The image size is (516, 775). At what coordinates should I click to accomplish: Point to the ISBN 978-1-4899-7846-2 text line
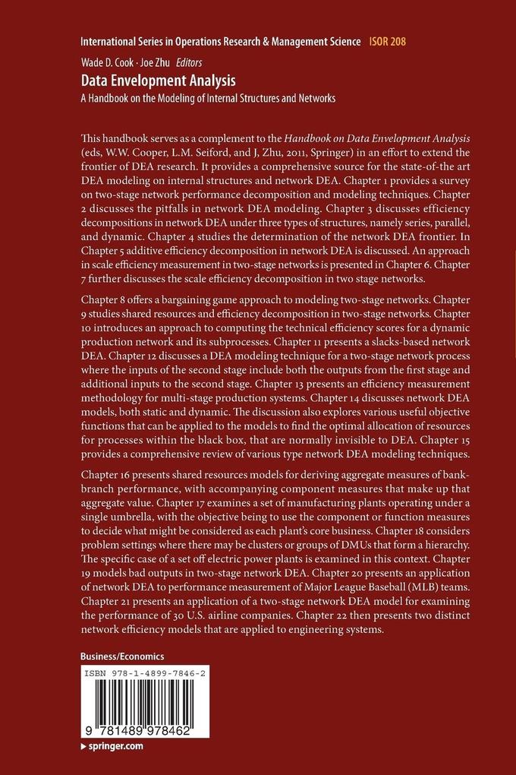tap(144, 673)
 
